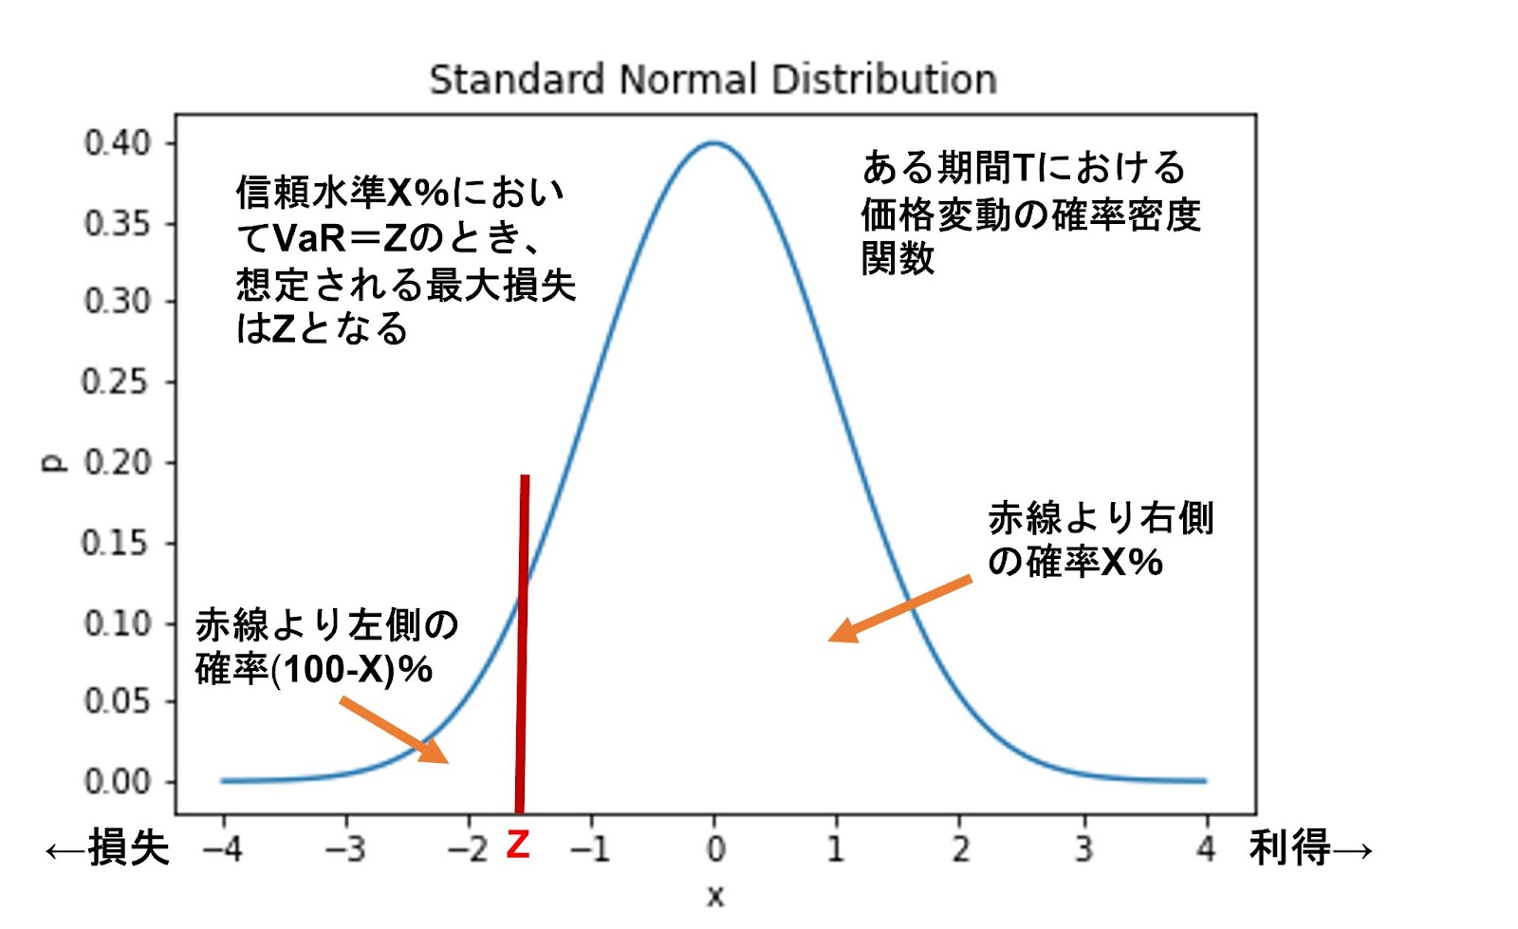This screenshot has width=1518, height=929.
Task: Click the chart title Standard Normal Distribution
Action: [x=713, y=80]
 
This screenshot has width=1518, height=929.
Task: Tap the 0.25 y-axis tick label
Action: [x=115, y=382]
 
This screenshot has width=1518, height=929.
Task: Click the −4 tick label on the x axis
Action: [x=223, y=849]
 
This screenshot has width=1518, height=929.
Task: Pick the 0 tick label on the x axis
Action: [x=715, y=849]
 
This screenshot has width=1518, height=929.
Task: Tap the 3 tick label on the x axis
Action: [x=1083, y=849]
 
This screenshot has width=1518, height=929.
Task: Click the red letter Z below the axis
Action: [x=518, y=845]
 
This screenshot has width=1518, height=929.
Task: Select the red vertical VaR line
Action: [x=522, y=643]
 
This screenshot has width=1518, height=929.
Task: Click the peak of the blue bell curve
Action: [x=713, y=142]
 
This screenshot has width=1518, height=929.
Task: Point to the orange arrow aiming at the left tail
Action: [x=394, y=730]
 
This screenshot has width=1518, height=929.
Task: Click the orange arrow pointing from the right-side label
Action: [x=900, y=608]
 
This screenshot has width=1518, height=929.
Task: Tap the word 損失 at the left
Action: [x=128, y=847]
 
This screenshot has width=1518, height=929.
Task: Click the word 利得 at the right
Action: [x=1289, y=847]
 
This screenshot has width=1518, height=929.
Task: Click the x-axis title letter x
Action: [x=715, y=897]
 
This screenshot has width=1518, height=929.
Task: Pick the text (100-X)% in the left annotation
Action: [x=351, y=670]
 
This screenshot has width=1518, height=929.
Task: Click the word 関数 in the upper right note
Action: [x=898, y=258]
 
